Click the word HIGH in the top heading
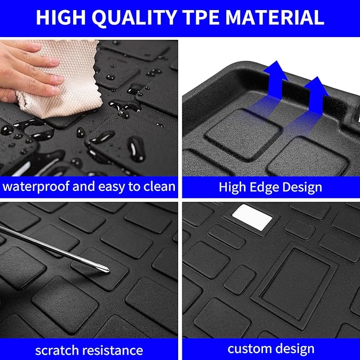pyautogui.click(x=60, y=17)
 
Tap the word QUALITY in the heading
pyautogui.click(x=134, y=17)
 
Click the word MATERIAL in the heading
pyautogui.click(x=275, y=17)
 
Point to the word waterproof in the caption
pyautogui.click(x=36, y=187)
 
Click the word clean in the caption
pyautogui.click(x=160, y=186)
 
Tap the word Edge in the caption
pyautogui.click(x=264, y=187)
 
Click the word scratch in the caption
pyautogui.click(x=57, y=350)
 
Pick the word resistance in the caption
pyautogui.click(x=113, y=350)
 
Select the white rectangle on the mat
pyautogui.click(x=252, y=217)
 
